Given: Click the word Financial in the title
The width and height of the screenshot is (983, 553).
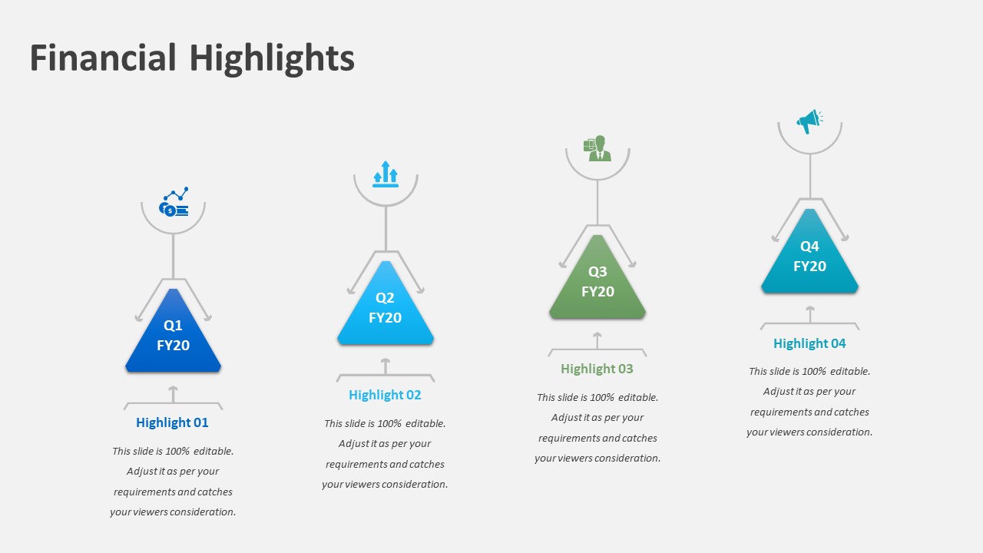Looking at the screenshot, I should point(102,58).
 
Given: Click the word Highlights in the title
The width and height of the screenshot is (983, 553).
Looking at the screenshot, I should point(272,58).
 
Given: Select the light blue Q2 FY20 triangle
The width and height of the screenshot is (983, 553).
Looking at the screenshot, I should point(386,308).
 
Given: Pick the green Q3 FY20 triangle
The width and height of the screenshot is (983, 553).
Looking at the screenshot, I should point(597,282).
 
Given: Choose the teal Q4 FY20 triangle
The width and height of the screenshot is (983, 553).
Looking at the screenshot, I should point(809,257).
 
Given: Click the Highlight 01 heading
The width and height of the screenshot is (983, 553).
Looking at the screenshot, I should point(172,422).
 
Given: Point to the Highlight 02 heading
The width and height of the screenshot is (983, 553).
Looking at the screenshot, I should point(385,395).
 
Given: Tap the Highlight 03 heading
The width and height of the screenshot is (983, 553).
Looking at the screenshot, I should point(597,369).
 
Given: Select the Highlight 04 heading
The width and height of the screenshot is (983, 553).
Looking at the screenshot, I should point(809,343).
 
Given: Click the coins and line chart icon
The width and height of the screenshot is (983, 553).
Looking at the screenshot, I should point(174,203).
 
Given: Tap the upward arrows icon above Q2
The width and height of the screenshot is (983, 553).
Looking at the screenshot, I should point(386,174).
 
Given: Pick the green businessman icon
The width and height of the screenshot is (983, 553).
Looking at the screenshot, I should point(597,148).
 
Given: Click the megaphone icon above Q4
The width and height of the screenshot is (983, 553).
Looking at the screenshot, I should point(809,121).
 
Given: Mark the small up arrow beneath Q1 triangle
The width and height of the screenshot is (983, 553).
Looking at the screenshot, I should point(174,392).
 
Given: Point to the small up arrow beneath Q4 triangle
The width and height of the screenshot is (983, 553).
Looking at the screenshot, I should point(809,313).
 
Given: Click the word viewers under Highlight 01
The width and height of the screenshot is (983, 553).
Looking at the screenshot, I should point(153,512).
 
